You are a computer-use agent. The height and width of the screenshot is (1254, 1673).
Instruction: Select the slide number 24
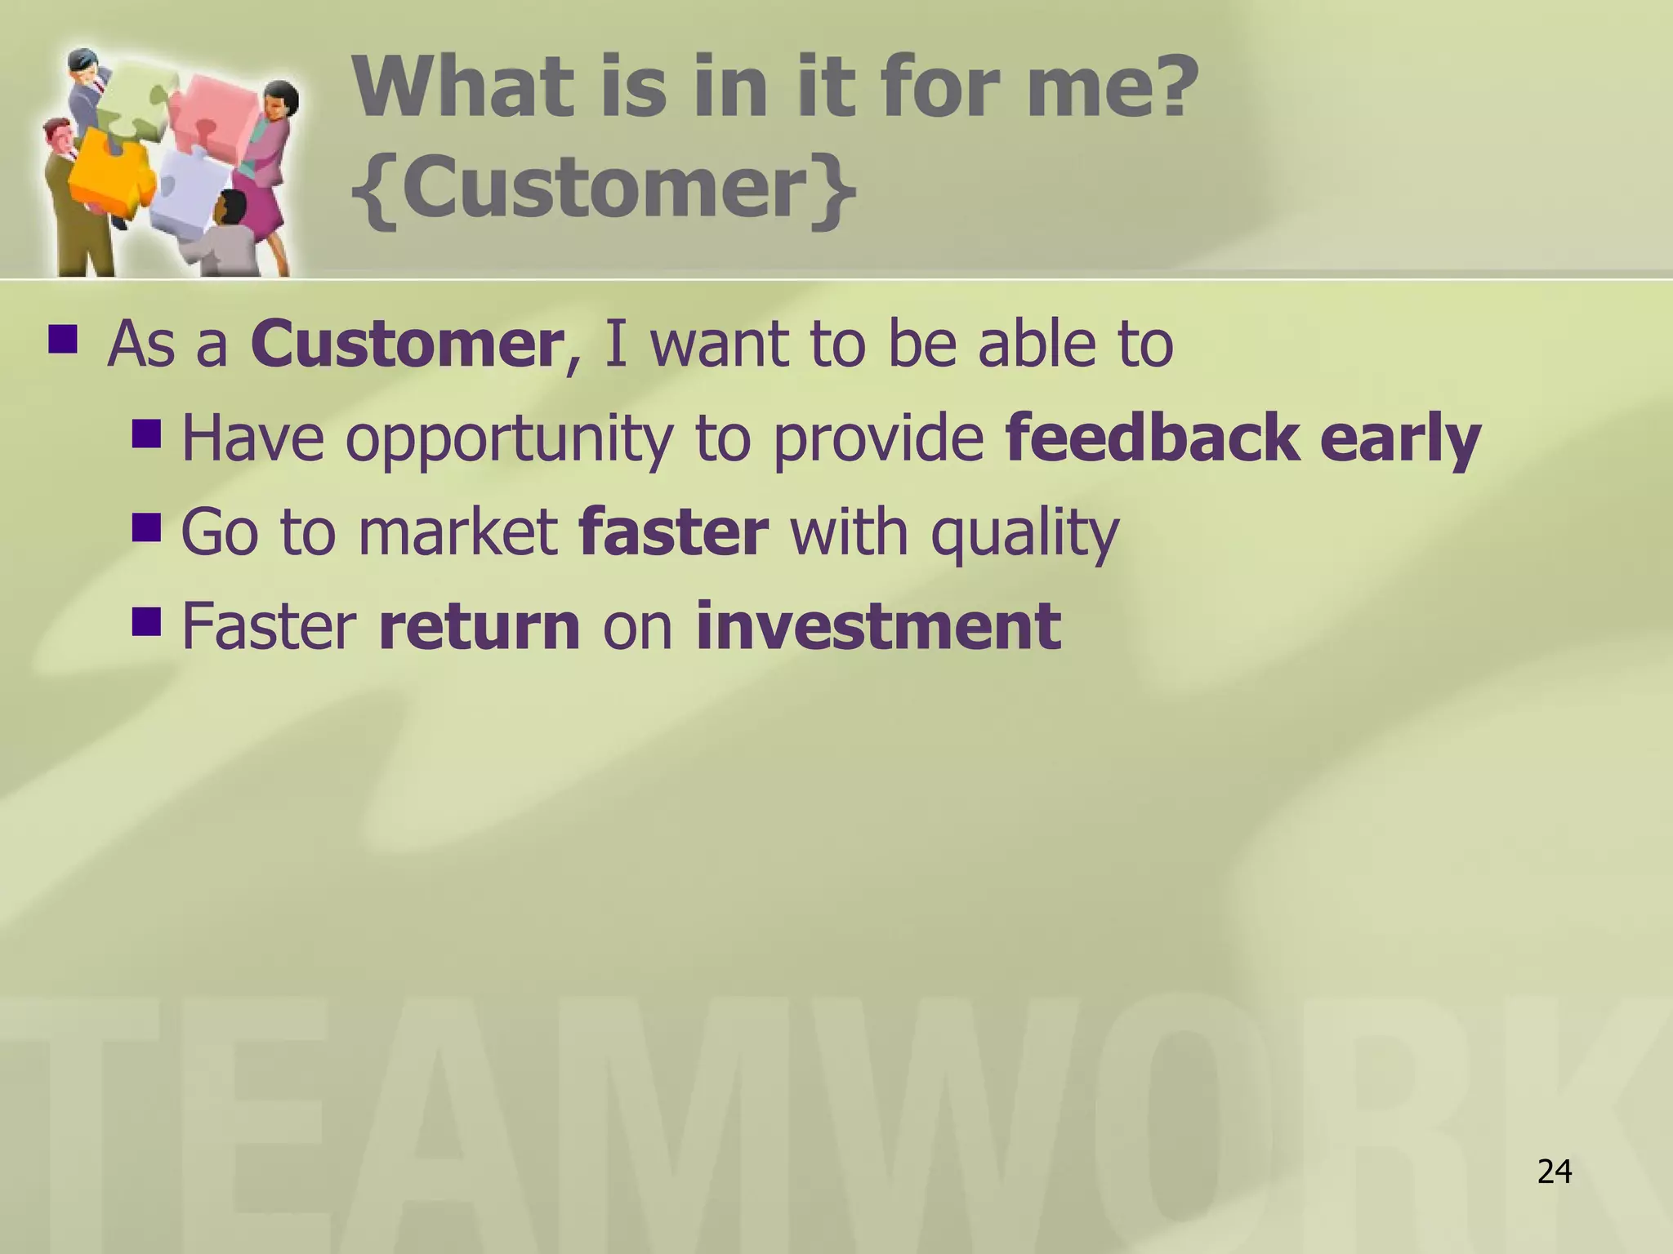1554,1172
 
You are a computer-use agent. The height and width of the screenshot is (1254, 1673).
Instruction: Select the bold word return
479,626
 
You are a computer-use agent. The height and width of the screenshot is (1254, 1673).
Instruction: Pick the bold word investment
878,626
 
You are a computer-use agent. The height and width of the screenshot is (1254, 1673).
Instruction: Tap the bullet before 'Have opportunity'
147,433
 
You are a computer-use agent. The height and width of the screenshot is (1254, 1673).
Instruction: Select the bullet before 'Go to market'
147,527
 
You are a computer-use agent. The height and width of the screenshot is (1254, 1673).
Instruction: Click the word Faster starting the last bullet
269,626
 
